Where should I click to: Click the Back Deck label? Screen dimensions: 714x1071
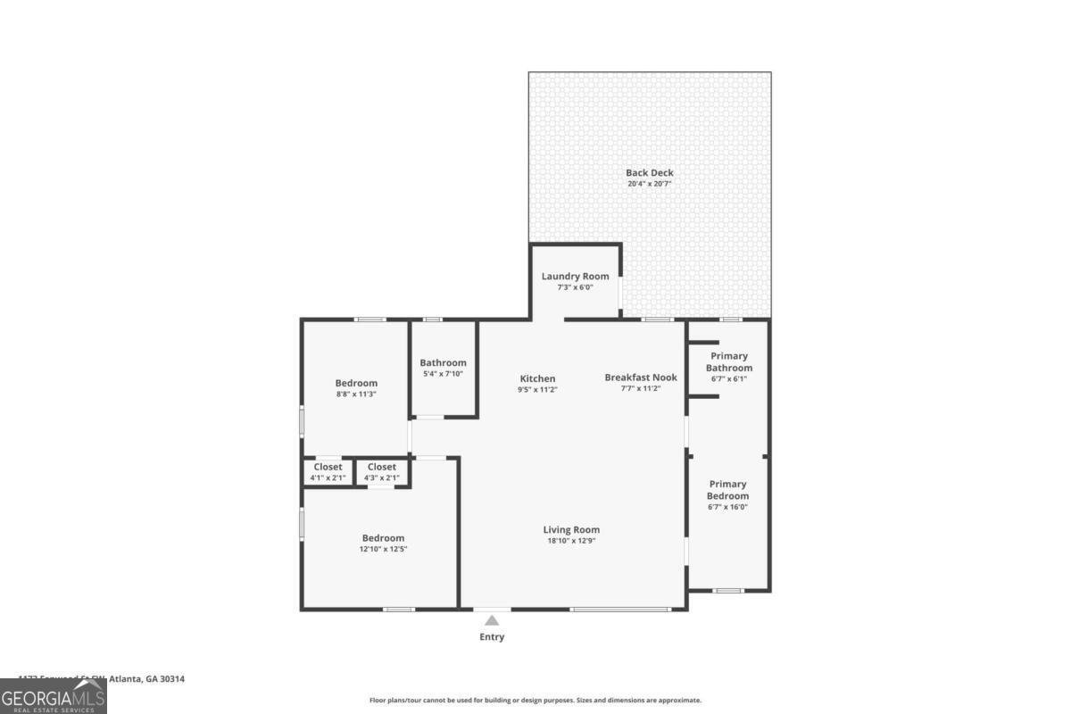[x=649, y=173]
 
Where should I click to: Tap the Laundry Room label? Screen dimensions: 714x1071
[x=575, y=277]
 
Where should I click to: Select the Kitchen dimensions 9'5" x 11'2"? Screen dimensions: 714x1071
[x=537, y=389]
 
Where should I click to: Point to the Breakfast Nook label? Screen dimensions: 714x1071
[x=640, y=378]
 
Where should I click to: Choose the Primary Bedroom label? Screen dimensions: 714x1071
[x=727, y=490]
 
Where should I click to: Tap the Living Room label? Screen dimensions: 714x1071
[x=571, y=529]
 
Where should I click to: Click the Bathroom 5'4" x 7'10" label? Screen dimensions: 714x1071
[x=443, y=362]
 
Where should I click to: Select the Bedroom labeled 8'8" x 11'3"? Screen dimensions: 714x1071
[x=356, y=383]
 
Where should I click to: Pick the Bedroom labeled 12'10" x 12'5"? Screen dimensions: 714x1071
[x=383, y=538]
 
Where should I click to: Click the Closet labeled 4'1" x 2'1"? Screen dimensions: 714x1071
[x=328, y=467]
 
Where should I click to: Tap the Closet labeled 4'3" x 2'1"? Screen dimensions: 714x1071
[x=381, y=467]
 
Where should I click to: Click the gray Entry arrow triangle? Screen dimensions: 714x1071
[x=492, y=620]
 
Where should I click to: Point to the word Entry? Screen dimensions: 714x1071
[x=492, y=637]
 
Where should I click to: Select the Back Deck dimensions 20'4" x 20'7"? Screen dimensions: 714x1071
[x=649, y=184]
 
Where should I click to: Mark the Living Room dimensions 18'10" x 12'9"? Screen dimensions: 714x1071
[x=571, y=541]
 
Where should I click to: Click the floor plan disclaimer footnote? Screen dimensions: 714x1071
[x=535, y=701]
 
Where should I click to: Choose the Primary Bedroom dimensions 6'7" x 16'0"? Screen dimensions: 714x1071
[x=727, y=507]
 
